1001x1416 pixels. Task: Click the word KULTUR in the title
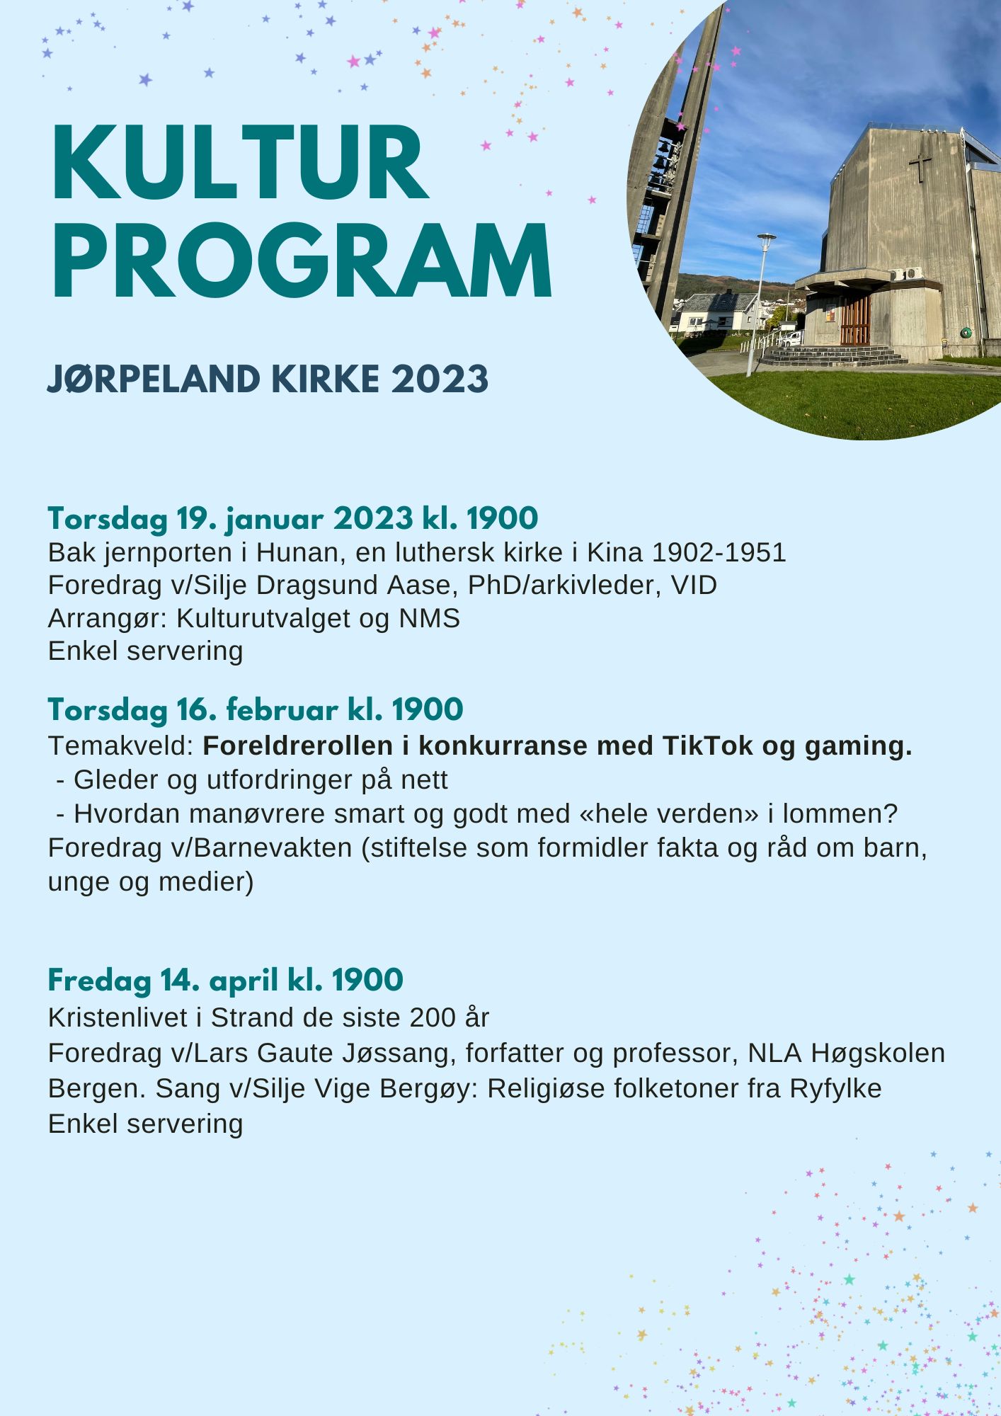(239, 164)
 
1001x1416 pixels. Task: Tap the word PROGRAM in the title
(302, 261)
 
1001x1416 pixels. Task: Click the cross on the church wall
(920, 167)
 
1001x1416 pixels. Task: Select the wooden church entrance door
(854, 320)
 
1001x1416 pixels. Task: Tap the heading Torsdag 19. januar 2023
(230, 519)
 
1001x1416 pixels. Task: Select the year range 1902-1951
(719, 553)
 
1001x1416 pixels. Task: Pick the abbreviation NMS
(429, 618)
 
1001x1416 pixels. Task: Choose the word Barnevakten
(273, 847)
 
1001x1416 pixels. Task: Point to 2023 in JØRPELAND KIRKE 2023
(440, 379)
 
